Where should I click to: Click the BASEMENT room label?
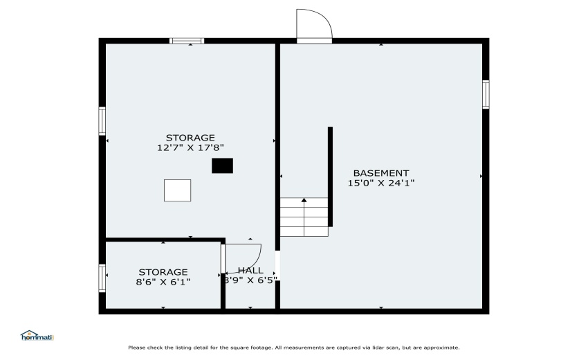380,173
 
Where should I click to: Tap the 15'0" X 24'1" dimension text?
380,183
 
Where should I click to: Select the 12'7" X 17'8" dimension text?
190,147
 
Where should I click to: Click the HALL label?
250,271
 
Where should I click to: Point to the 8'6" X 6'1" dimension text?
163,282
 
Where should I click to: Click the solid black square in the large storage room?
222,165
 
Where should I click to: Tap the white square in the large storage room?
177,190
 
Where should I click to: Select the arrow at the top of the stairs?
304,200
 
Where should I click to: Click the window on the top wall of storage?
187,41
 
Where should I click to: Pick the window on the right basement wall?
486,94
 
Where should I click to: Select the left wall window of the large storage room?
102,120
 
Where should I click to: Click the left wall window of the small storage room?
102,278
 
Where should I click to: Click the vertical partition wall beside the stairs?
330,177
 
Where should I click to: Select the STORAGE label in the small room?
163,272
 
